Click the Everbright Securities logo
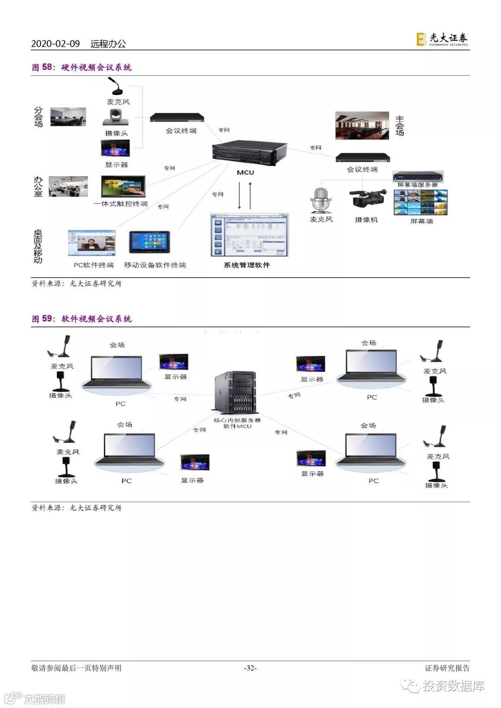point(442,39)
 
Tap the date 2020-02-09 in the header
point(56,44)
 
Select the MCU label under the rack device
point(245,172)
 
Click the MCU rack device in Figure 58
point(249,153)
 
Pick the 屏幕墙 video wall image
point(421,203)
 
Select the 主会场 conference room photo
point(362,125)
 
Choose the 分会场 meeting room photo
point(68,117)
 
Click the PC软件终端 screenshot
point(91,243)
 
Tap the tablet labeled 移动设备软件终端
point(149,243)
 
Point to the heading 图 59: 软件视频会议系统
point(82,319)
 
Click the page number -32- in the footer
point(250,668)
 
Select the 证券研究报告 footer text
point(447,668)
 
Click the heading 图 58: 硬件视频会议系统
point(82,67)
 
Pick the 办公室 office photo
point(68,187)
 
